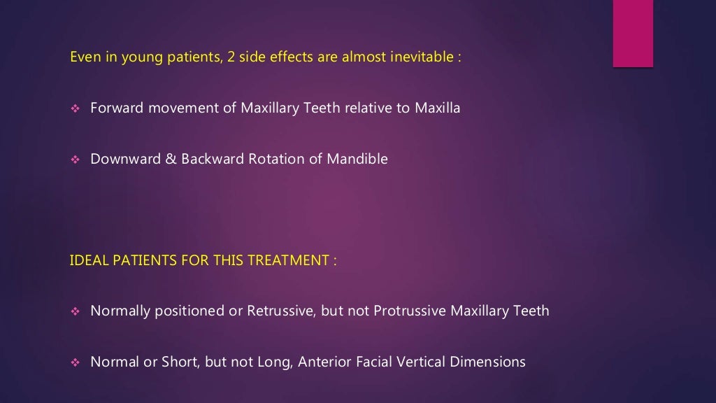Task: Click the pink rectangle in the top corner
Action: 633,33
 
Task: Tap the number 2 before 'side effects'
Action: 231,57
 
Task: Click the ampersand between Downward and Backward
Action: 170,160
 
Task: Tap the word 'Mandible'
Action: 357,160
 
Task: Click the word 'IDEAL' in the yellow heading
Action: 87,261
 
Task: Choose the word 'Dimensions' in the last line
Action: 489,362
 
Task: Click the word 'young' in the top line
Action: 141,58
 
